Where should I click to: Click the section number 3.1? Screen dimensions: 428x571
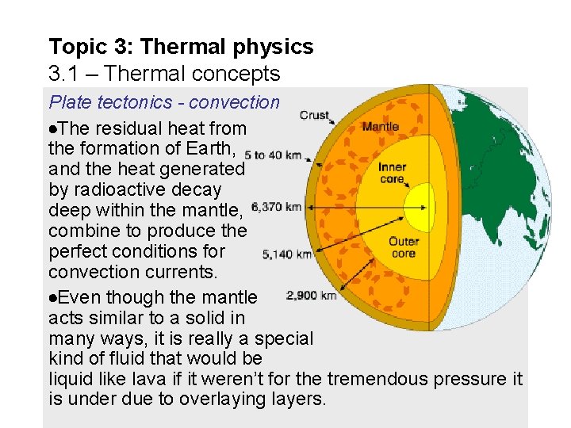[64, 75]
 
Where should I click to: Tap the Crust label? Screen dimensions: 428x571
[315, 116]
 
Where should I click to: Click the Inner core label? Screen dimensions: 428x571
[393, 173]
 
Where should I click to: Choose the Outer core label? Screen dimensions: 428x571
[404, 247]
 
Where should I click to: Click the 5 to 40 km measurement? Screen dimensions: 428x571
[273, 155]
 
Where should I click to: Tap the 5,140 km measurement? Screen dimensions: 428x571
[286, 254]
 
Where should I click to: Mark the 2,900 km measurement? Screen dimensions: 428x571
[312, 296]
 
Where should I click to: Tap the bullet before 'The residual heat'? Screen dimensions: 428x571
[52, 128]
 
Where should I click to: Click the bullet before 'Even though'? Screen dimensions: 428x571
[52, 298]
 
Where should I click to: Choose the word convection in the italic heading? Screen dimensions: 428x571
[235, 103]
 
